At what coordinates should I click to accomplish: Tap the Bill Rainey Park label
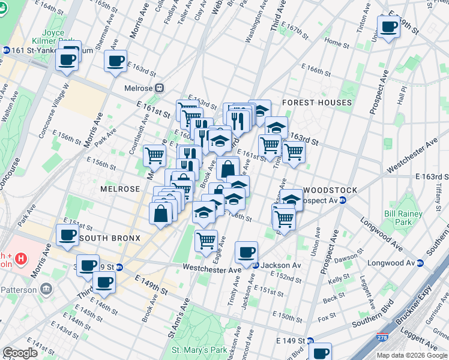point(399,217)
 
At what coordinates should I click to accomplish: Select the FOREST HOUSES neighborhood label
point(316,103)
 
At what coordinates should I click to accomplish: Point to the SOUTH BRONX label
point(110,238)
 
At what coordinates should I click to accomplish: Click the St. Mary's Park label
point(199,350)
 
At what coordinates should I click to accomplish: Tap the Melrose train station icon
point(159,88)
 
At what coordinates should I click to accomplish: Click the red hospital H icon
point(21,259)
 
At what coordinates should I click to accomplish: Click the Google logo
point(20,353)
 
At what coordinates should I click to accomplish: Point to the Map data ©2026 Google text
point(412,355)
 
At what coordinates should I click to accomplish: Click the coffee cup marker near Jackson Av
point(246,253)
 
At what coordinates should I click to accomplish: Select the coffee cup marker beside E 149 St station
point(321,352)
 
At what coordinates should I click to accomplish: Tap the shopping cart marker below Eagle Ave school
point(206,241)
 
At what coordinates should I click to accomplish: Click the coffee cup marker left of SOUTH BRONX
point(67,236)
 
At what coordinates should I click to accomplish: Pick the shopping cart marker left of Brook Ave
point(155,155)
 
